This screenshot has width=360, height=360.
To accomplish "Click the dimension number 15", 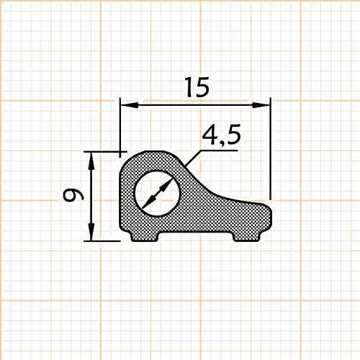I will tap(196, 87).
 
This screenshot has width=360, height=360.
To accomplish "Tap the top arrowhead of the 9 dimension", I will tap(91, 158).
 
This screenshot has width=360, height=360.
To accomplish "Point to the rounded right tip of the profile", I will tap(270, 215).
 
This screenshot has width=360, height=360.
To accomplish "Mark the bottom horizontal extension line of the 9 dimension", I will tap(104, 240).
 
